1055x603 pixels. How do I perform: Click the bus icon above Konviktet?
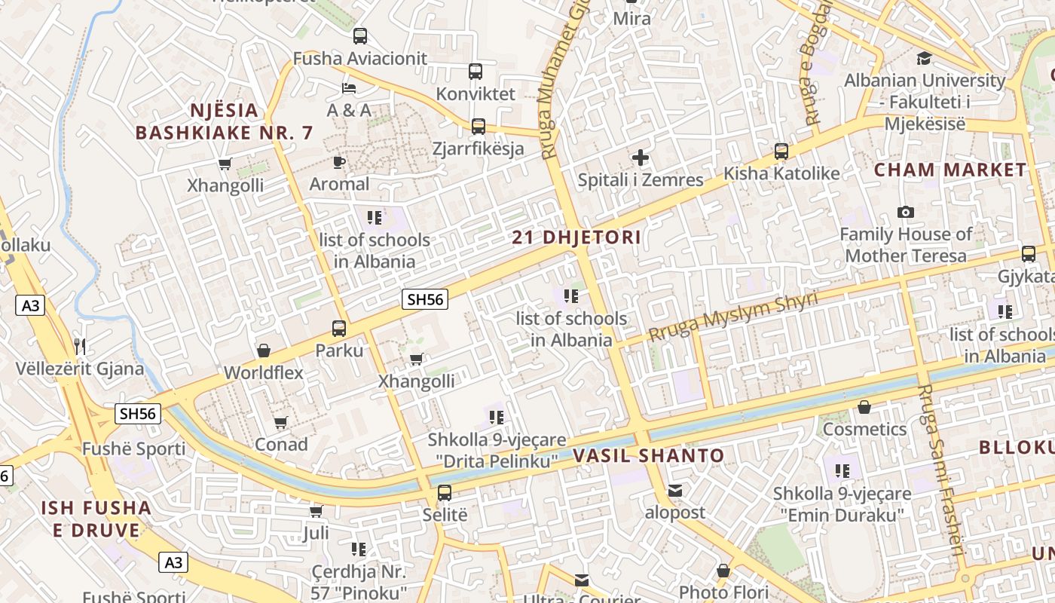click(x=476, y=72)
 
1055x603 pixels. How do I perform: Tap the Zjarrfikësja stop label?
click(x=479, y=148)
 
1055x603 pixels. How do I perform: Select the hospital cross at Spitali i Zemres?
click(x=641, y=158)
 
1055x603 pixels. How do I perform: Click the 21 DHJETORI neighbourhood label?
click(x=576, y=238)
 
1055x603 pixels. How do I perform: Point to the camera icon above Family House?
click(x=906, y=213)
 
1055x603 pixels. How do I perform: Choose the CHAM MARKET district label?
click(x=950, y=170)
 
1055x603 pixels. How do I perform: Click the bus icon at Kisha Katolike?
click(x=781, y=152)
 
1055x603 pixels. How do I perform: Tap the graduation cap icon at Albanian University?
click(x=924, y=58)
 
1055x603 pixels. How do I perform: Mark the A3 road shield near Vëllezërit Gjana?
click(x=29, y=305)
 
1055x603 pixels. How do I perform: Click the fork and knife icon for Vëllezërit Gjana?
click(x=80, y=347)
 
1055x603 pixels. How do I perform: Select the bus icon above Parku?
click(x=339, y=329)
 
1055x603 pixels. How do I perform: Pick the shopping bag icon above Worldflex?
click(x=264, y=350)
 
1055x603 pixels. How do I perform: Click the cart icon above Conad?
click(x=281, y=423)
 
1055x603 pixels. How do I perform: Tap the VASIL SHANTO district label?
click(x=648, y=456)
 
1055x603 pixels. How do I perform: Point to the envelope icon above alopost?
click(x=675, y=491)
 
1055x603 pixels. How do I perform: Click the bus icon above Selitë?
click(x=445, y=493)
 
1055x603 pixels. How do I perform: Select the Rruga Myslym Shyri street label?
click(x=732, y=316)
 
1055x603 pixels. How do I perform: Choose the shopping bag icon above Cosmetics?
click(x=864, y=407)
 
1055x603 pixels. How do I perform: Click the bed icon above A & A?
click(x=349, y=88)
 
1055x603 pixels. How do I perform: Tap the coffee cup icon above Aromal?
click(x=339, y=162)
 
